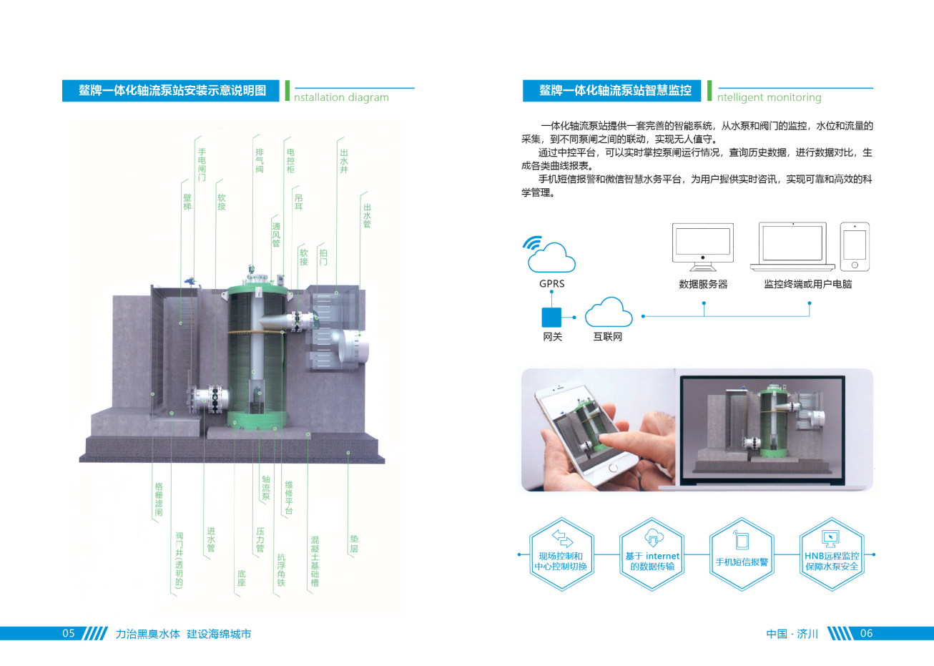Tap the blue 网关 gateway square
(x=551, y=317)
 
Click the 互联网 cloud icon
(x=609, y=313)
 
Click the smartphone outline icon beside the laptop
(x=855, y=247)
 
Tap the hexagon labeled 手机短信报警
(x=742, y=554)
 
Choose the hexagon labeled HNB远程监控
(x=832, y=554)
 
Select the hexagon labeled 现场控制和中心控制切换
(x=561, y=554)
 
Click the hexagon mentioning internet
(x=652, y=554)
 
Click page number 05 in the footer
(x=69, y=633)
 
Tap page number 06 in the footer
(x=866, y=633)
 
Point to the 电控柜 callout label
(x=290, y=161)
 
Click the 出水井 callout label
(x=344, y=161)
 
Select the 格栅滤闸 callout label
(x=159, y=499)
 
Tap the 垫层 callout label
(x=354, y=544)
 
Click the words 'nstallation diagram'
(x=342, y=97)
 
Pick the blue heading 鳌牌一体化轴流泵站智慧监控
(x=615, y=90)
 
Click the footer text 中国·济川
(x=792, y=634)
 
